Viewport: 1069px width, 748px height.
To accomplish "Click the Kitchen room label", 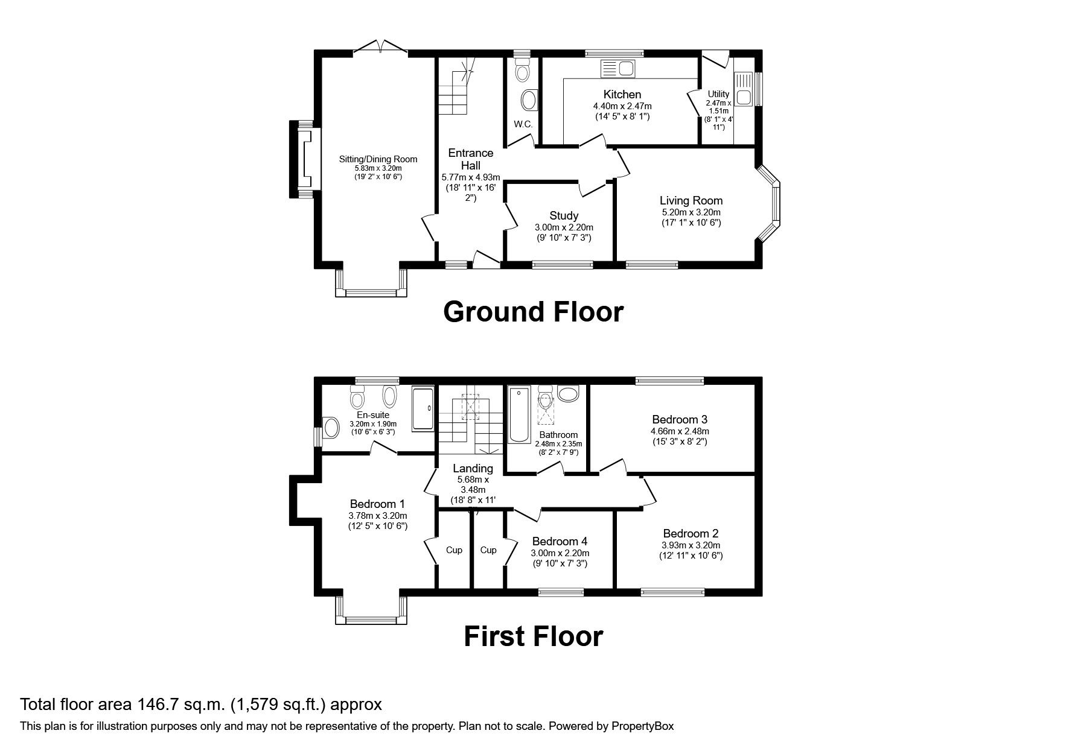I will (622, 94).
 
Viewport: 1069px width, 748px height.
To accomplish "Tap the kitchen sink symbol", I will (617, 69).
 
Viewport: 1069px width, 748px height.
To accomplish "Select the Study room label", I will (564, 215).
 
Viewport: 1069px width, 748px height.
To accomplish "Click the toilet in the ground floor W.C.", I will (522, 72).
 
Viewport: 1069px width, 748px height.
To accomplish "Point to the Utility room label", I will (718, 94).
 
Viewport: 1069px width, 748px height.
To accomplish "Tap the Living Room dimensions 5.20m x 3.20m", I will (691, 212).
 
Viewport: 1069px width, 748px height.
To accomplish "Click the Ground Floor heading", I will (533, 312).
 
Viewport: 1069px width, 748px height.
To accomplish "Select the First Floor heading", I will (533, 636).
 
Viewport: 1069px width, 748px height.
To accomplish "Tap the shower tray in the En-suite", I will (423, 408).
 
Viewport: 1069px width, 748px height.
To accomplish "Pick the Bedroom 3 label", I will (679, 419).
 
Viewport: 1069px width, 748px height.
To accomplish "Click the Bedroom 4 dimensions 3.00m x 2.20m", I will (560, 553).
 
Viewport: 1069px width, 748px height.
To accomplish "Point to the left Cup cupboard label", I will (454, 550).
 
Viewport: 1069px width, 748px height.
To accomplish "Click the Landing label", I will (473, 468).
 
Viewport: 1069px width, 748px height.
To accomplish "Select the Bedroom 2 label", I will (691, 533).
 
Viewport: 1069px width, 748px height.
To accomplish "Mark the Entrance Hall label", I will (470, 159).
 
